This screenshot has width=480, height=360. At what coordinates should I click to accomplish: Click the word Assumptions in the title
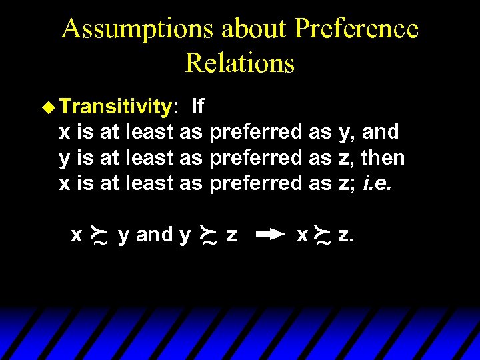pos(137,29)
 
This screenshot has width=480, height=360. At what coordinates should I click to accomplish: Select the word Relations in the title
pos(239,63)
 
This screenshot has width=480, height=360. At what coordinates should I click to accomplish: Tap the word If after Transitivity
pos(197,106)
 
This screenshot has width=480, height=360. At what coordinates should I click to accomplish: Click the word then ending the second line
pos(383,158)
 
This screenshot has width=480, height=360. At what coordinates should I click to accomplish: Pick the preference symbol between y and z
pos(208,235)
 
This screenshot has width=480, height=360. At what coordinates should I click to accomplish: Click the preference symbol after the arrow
pos(323,235)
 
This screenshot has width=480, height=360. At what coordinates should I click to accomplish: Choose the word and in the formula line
pos(153,235)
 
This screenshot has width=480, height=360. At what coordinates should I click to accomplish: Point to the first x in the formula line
pos(77,235)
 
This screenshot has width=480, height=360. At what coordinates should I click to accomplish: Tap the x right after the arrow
pos(302,235)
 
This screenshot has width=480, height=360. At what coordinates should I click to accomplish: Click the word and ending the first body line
pos(381,132)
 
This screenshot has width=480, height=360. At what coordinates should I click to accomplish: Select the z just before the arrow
pos(231,235)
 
